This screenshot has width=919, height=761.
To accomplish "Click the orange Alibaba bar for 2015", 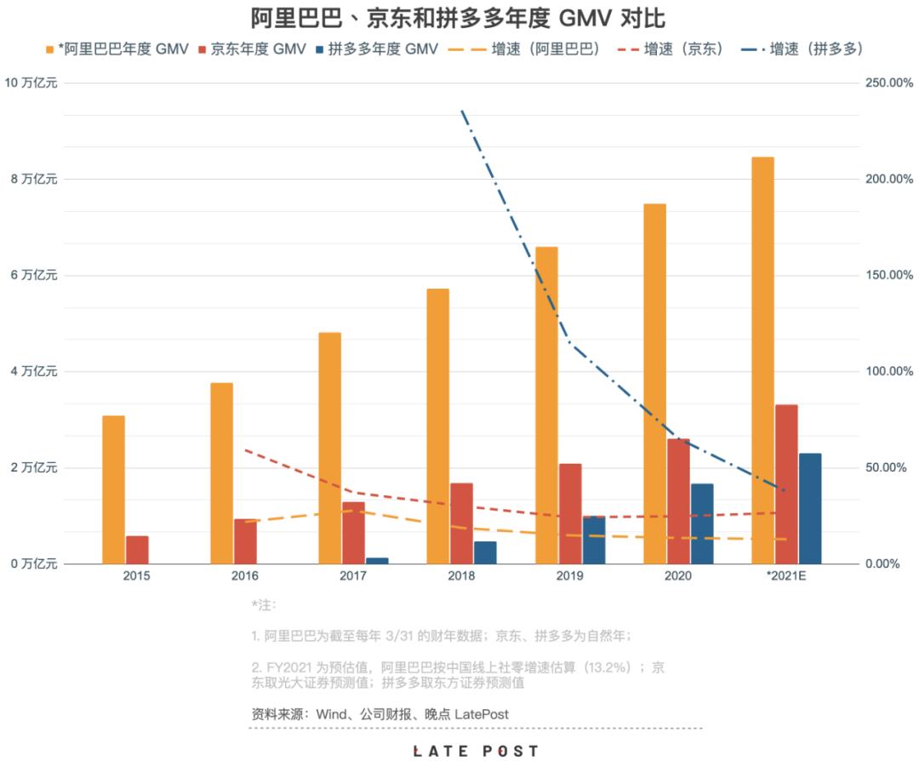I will pos(113,489).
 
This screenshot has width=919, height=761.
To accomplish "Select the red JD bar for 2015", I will pos(137,549).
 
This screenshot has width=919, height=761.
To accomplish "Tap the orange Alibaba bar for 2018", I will pos(438,426).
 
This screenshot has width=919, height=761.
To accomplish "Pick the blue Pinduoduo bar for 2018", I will pos(485,552).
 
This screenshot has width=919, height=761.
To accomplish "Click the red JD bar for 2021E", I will pos(787,483).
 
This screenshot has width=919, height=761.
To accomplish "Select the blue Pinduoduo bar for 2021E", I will pos(810,508).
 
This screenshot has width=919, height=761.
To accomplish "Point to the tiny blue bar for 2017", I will pos(377,560).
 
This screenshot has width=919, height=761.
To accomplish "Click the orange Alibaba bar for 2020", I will pos(654,383).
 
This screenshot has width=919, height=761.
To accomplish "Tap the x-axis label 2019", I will pos(569,576).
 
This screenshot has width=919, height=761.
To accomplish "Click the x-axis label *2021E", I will pos(785,576).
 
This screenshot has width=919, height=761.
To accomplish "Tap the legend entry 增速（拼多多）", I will pos(804,49).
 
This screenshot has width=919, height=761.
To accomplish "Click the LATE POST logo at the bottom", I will pos(476,751).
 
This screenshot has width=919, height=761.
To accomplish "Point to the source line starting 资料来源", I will pos(380,714).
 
